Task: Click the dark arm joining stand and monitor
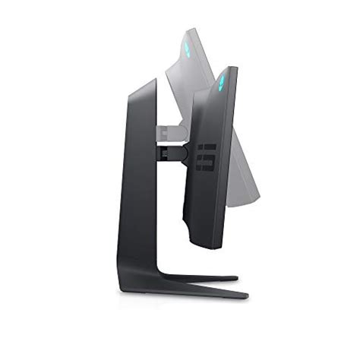pyautogui.click(x=173, y=151)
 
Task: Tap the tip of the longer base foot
pyautogui.click(x=245, y=293)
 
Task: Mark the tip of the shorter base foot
pyautogui.click(x=236, y=278)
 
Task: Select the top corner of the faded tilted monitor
pyautogui.click(x=196, y=30)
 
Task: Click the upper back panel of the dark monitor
pyautogui.click(x=209, y=106)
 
